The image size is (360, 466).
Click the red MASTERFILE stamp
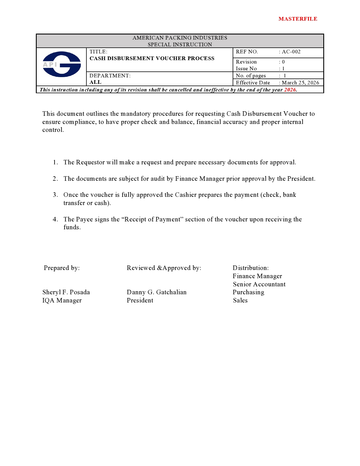click(x=298, y=19)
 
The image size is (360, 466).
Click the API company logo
click(x=62, y=64)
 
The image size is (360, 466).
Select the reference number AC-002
click(x=291, y=52)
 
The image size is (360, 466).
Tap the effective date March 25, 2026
click(x=300, y=83)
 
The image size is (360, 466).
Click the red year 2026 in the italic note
click(x=290, y=90)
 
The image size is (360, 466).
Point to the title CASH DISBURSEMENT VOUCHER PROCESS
click(x=152, y=58)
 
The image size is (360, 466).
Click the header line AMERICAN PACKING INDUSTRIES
click(x=180, y=38)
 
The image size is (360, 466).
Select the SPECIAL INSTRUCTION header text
click(x=180, y=45)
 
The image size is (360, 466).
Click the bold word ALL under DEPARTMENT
click(x=95, y=82)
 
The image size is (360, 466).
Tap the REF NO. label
click(x=247, y=52)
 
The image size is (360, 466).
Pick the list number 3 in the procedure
click(x=55, y=195)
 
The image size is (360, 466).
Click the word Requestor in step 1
click(x=90, y=162)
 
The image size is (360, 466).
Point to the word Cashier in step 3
click(x=186, y=195)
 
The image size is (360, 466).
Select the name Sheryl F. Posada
click(x=66, y=292)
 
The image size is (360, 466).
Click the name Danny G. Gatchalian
click(x=156, y=292)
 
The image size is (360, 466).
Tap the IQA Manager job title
click(x=62, y=300)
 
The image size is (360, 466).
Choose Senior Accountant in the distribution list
click(x=259, y=284)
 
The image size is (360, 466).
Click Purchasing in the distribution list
click(x=248, y=292)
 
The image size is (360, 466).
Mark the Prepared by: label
click(x=62, y=268)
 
